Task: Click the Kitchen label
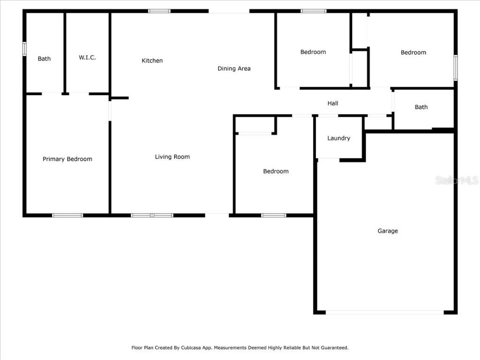(152, 60)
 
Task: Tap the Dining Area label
(234, 68)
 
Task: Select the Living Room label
(172, 157)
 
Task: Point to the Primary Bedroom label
(67, 159)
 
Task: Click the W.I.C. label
(87, 57)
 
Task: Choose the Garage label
(388, 231)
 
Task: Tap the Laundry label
(338, 138)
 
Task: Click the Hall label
(333, 103)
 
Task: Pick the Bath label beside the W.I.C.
(44, 59)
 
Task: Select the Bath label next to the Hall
(421, 107)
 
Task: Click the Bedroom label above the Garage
(276, 171)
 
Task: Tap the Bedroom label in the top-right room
(413, 52)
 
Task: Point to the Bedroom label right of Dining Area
(313, 52)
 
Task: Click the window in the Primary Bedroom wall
(67, 216)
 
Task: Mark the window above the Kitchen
(159, 11)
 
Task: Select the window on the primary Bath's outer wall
(24, 49)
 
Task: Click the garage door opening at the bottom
(384, 312)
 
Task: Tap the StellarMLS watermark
(456, 180)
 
